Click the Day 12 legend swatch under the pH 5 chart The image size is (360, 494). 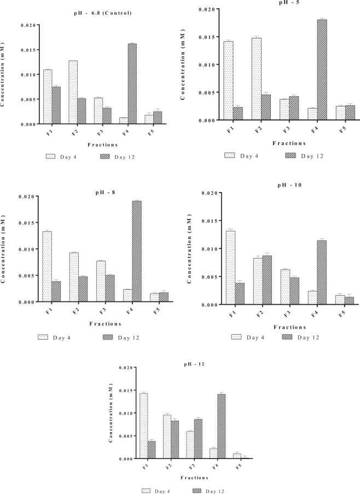pos(292,156)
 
